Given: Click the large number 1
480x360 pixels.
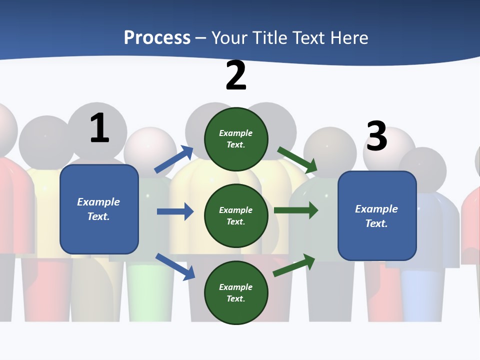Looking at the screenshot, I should (x=99, y=128).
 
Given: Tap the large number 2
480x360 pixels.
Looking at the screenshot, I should (x=236, y=76).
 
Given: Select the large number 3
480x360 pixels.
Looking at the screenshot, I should (x=377, y=136).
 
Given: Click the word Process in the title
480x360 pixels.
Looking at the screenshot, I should (x=157, y=38).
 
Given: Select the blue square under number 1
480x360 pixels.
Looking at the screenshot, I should (x=99, y=209).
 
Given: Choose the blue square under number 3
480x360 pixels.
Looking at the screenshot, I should (x=377, y=216).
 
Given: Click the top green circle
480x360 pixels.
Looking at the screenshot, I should (x=236, y=139).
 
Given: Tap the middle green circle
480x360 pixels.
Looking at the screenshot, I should (x=236, y=215).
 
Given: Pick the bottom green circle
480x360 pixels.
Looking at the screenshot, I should (x=236, y=292).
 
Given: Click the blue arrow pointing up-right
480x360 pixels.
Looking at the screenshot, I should (x=174, y=159).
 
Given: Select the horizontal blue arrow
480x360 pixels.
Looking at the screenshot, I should (x=175, y=211).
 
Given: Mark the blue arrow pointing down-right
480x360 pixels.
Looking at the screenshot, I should (x=175, y=266).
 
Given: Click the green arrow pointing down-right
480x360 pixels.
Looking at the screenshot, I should (x=297, y=159).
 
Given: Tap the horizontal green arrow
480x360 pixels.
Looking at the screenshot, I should (x=296, y=210).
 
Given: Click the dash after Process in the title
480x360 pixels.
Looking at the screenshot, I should (x=201, y=38).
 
